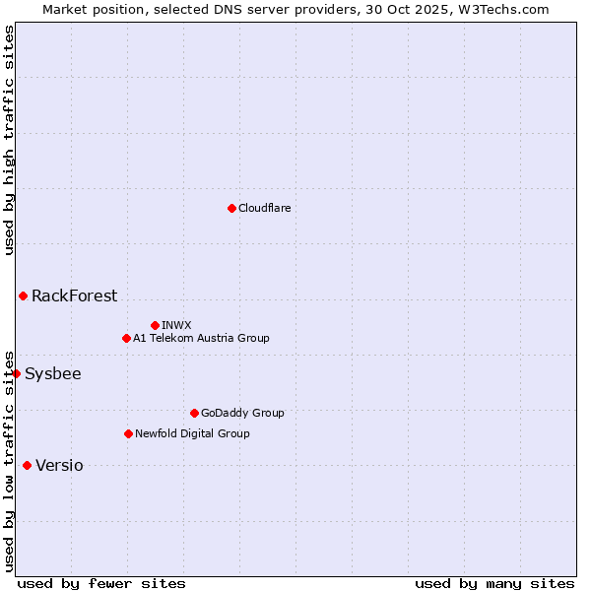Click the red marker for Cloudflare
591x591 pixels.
231,208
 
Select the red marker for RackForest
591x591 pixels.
23,295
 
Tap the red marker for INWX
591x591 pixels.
155,325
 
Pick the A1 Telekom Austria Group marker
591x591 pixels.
126,338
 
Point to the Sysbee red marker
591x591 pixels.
16,373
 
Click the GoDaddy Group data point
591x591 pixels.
194,413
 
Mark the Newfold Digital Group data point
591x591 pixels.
128,433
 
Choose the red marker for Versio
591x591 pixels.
27,465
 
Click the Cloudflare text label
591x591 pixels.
264,208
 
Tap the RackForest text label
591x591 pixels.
74,295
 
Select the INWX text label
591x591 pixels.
176,325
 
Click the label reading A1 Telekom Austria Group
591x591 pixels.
201,338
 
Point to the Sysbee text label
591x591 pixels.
53,373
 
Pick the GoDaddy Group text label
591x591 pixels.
242,413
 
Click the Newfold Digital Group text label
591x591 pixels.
192,433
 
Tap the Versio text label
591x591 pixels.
59,465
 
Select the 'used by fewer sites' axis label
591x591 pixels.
101,583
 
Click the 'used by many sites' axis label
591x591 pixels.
494,583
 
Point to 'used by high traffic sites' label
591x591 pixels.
9,140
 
